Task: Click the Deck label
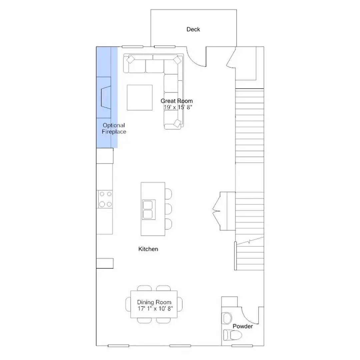pyautogui.click(x=193, y=29)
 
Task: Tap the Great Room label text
pyautogui.click(x=177, y=101)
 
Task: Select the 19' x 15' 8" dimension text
pyautogui.click(x=178, y=107)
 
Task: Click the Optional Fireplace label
pyautogui.click(x=114, y=129)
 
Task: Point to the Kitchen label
pyautogui.click(x=148, y=249)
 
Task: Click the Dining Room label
pyautogui.click(x=154, y=302)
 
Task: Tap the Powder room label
pyautogui.click(x=243, y=326)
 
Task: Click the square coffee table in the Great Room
pyautogui.click(x=140, y=97)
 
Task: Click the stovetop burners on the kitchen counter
pyautogui.click(x=105, y=199)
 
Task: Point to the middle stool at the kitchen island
pyautogui.click(x=168, y=209)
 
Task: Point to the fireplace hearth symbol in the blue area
pyautogui.click(x=105, y=98)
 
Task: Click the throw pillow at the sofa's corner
pyautogui.click(x=177, y=60)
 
